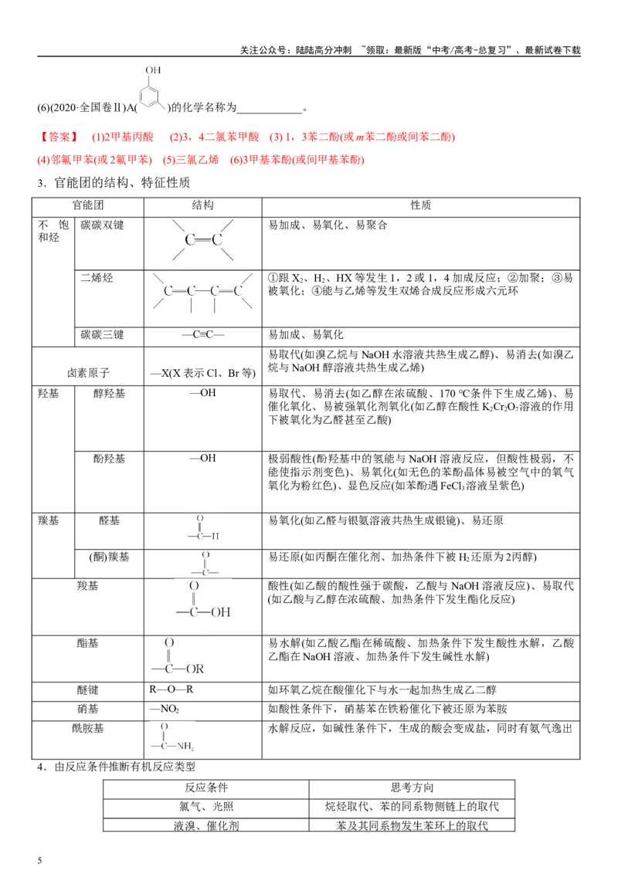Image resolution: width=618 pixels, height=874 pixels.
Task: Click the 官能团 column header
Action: pyautogui.click(x=87, y=205)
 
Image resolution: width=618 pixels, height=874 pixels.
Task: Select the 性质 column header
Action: pyautogui.click(x=420, y=205)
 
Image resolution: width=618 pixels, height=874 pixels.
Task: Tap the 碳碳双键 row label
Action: pyautogui.click(x=102, y=225)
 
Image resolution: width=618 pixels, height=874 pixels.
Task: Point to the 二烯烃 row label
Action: pyautogui.click(x=97, y=278)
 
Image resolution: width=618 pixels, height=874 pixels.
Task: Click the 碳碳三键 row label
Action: pyautogui.click(x=102, y=334)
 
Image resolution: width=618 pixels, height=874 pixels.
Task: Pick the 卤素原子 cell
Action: pyautogui.click(x=88, y=373)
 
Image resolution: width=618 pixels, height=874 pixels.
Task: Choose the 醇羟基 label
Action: pyautogui.click(x=110, y=394)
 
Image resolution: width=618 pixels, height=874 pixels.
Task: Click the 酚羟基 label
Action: pyautogui.click(x=110, y=459)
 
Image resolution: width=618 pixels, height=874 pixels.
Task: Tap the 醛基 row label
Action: pyautogui.click(x=110, y=520)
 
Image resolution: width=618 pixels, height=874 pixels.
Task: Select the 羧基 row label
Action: pyautogui.click(x=87, y=586)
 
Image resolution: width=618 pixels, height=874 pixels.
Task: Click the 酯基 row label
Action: pyautogui.click(x=87, y=643)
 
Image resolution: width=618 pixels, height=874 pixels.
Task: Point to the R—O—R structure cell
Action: pyautogui.click(x=171, y=689)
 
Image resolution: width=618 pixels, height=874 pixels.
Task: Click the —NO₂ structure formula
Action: pyautogui.click(x=164, y=709)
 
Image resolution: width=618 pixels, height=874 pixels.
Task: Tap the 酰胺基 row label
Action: pyautogui.click(x=87, y=729)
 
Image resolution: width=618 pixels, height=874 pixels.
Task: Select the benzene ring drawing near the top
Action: pyautogui.click(x=152, y=97)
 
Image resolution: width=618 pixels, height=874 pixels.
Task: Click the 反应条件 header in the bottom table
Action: pyautogui.click(x=205, y=788)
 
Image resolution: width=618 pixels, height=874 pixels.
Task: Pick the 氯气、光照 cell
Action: pyautogui.click(x=205, y=807)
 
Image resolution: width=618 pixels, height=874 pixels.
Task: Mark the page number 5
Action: pyautogui.click(x=39, y=860)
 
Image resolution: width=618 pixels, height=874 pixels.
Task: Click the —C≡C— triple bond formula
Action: pyautogui.click(x=203, y=334)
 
